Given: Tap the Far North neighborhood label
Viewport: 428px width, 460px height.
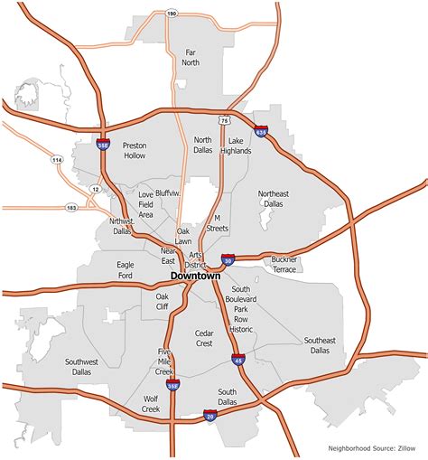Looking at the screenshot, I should coord(191,58).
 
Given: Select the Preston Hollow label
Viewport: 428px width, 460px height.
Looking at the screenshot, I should coord(135,150).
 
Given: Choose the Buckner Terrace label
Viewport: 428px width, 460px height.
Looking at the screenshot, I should coord(284,265).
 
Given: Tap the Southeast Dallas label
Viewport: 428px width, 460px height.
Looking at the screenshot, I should coord(320,344).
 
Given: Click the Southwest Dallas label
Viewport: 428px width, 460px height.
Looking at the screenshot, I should coord(82,366).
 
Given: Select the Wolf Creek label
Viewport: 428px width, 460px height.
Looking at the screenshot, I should coord(151,404).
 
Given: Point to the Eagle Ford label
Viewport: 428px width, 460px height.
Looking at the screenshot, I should coord(126,269).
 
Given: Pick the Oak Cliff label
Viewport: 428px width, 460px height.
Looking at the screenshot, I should coord(163,301).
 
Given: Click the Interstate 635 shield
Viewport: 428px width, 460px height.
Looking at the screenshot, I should coord(261,132).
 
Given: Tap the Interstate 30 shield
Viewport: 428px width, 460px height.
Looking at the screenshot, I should coord(229,260).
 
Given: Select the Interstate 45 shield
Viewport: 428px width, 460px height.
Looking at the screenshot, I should coord(239,361).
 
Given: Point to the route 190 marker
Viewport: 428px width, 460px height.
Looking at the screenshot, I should coord(172,14).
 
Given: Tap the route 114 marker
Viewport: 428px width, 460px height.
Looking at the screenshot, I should coord(57,160).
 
